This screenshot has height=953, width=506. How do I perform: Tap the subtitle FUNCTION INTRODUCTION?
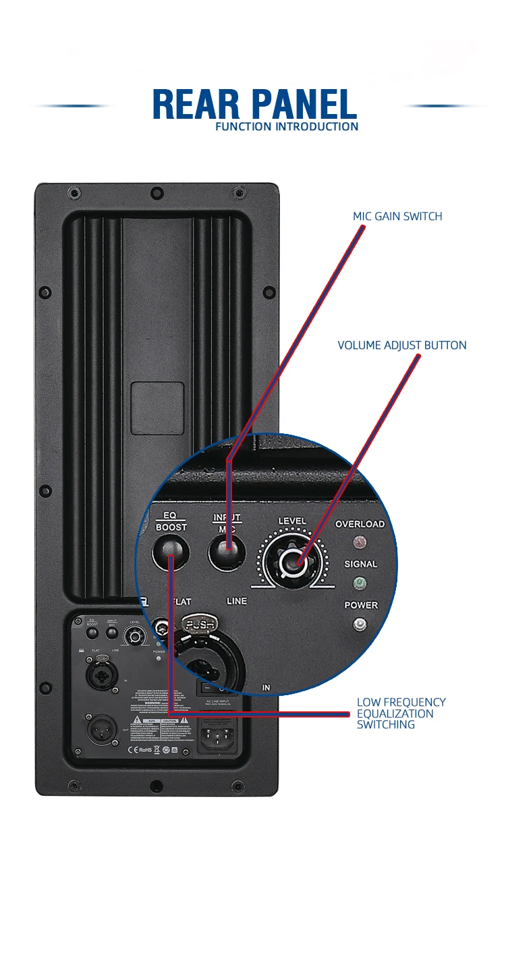pyautogui.click(x=287, y=126)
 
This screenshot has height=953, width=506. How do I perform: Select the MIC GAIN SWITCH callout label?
pyautogui.click(x=397, y=217)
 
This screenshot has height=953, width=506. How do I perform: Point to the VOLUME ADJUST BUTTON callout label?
pyautogui.click(x=401, y=346)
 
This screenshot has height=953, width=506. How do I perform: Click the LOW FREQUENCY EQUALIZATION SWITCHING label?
pyautogui.click(x=401, y=713)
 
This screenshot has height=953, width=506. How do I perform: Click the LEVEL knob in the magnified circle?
pyautogui.click(x=291, y=560)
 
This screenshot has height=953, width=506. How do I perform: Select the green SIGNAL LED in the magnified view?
pyautogui.click(x=360, y=582)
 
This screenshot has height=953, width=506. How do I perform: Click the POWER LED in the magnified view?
pyautogui.click(x=360, y=624)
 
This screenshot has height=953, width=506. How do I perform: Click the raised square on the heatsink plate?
pyautogui.click(x=157, y=408)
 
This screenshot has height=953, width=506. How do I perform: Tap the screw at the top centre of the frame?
pyautogui.click(x=157, y=194)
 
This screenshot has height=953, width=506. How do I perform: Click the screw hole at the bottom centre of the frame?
pyautogui.click(x=157, y=786)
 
